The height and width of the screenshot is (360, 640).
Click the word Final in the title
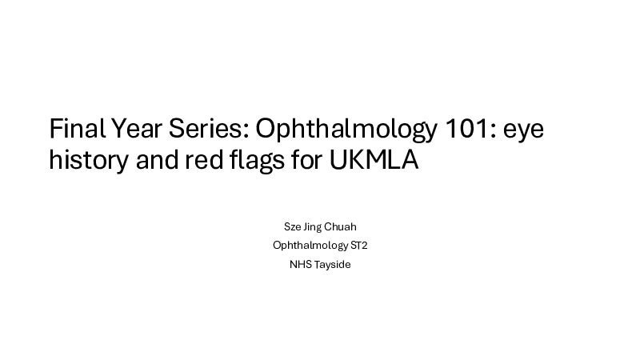[x=77, y=128]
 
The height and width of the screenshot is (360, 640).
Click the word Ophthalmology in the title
[x=346, y=130]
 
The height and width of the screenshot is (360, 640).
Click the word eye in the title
[x=524, y=131]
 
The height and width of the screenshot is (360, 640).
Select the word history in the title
[x=89, y=161]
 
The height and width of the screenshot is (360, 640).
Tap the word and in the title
[x=157, y=159]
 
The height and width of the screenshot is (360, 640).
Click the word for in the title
[x=306, y=159]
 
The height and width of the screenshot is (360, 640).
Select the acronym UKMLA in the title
[x=374, y=159]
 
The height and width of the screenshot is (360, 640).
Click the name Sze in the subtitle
[x=293, y=226]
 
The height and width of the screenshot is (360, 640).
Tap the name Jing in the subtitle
[x=312, y=228]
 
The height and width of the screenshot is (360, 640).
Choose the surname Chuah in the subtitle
[x=341, y=226]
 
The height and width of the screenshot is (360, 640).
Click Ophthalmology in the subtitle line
[x=310, y=246]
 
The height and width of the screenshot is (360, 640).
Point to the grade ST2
[x=359, y=246]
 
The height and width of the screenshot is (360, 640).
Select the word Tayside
[x=332, y=266]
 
